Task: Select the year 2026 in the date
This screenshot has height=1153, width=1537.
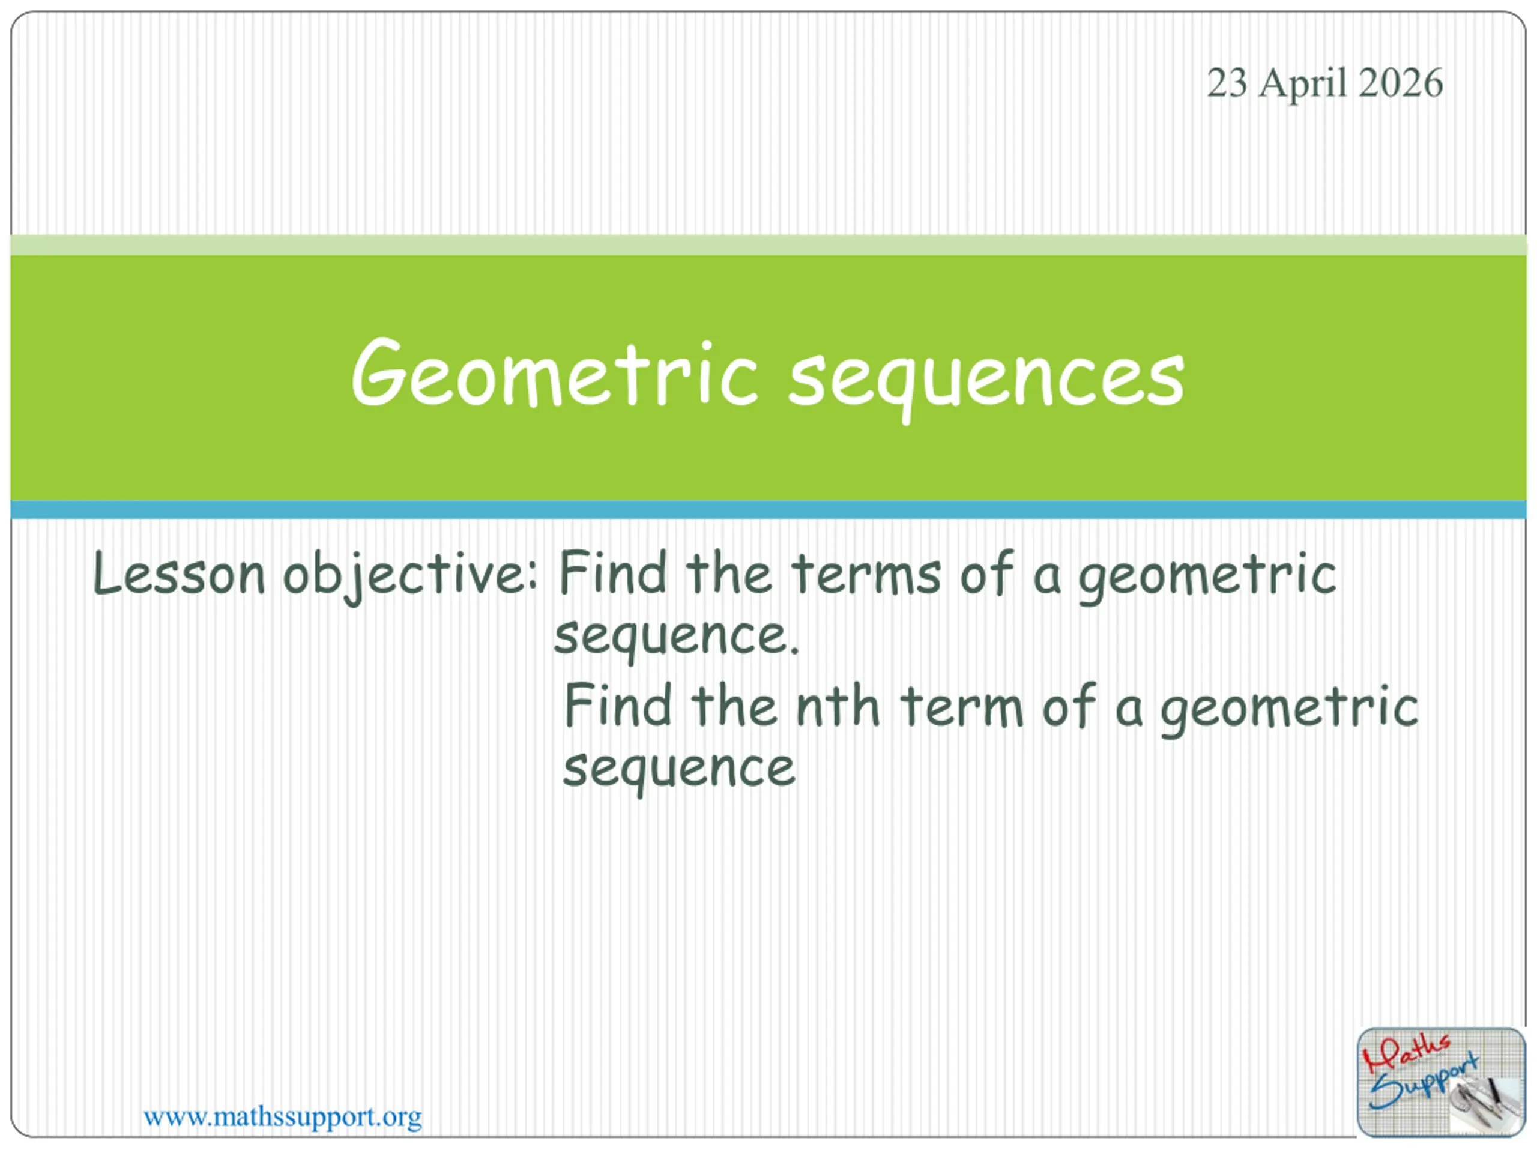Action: [x=1400, y=83]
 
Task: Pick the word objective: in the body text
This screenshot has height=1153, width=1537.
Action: [x=410, y=575]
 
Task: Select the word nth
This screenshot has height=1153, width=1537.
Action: [x=838, y=706]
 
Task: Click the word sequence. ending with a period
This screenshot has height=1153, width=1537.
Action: [x=677, y=638]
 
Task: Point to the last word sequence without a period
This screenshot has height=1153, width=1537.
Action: [x=679, y=772]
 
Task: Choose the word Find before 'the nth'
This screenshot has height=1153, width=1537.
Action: [x=618, y=705]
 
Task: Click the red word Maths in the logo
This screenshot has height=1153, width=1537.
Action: [x=1406, y=1051]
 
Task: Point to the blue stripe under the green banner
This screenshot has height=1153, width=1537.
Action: [x=768, y=509]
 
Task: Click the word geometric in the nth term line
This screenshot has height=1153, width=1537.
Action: [x=1290, y=709]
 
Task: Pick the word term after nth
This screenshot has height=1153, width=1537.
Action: [x=962, y=706]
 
